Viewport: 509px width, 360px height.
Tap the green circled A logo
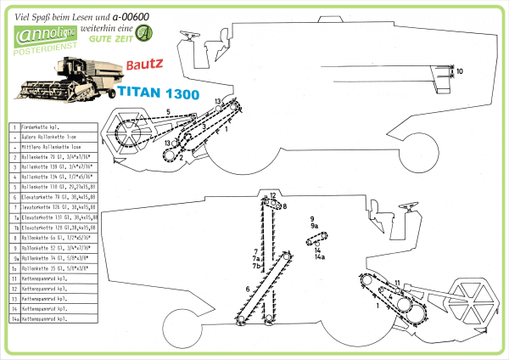[147, 33]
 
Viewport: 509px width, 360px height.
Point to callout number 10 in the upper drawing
[459, 72]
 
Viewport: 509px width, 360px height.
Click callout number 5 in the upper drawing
[168, 112]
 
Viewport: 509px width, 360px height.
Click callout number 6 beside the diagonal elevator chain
[248, 290]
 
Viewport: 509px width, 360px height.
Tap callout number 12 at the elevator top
[273, 196]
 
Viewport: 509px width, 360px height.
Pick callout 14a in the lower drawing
[321, 256]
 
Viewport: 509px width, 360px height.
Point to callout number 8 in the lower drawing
[285, 206]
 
